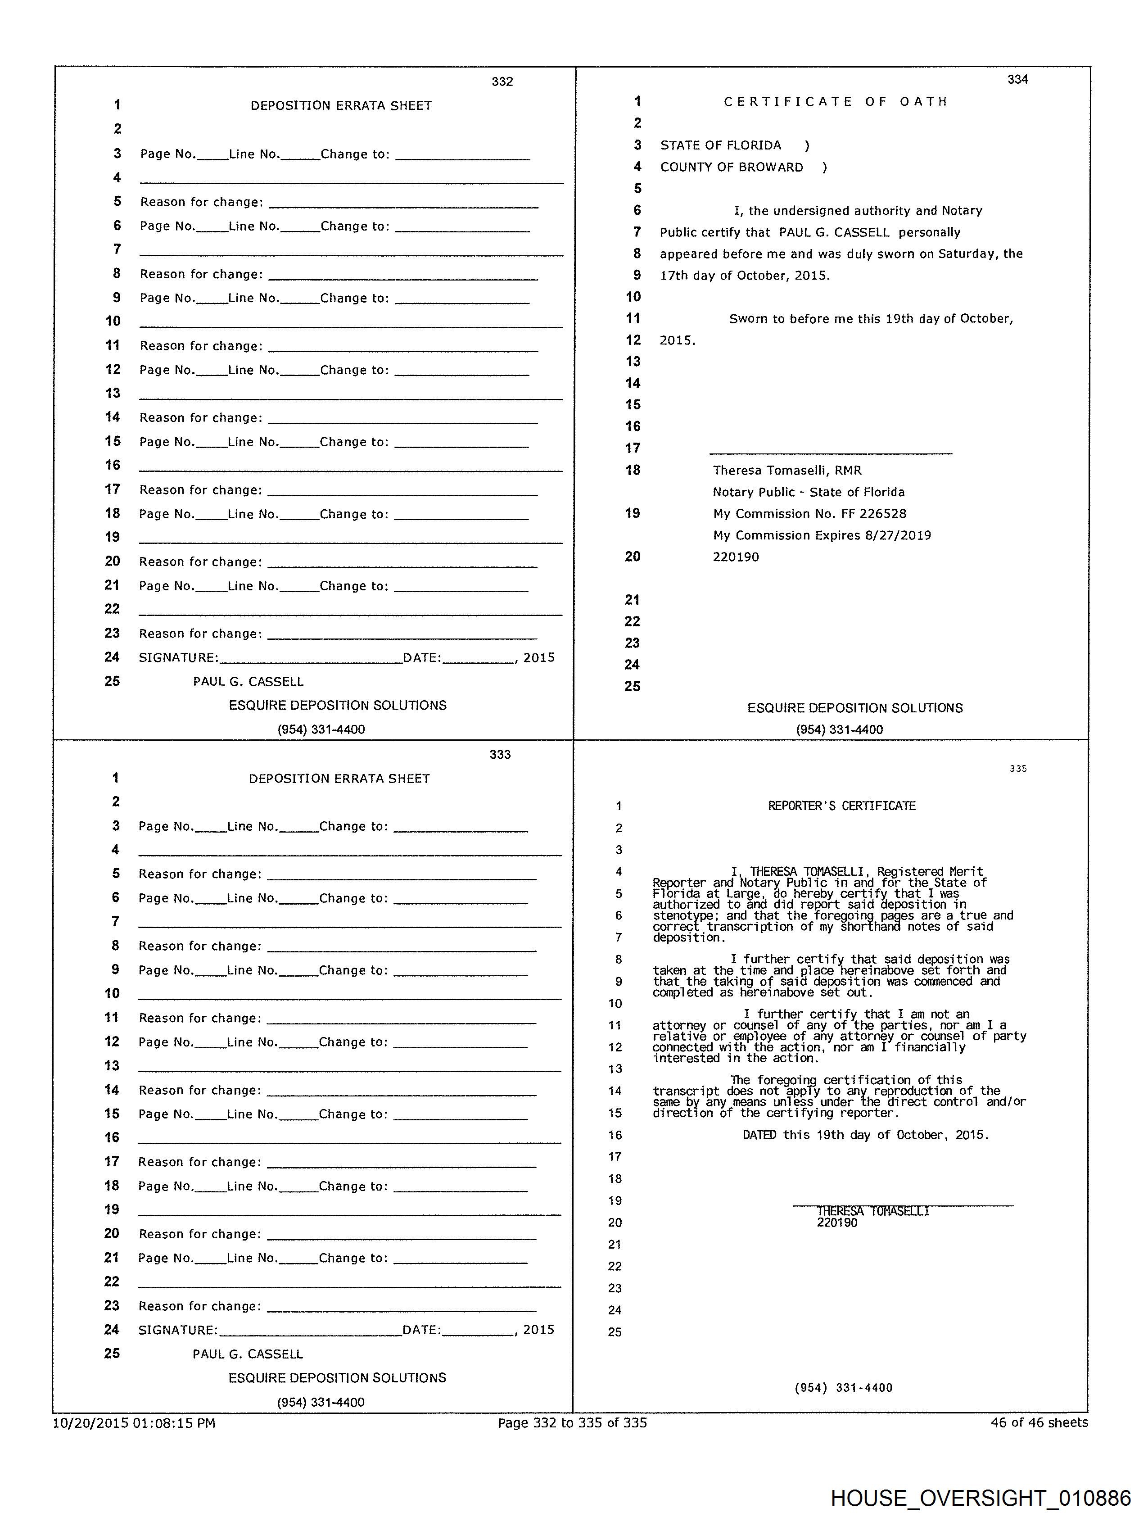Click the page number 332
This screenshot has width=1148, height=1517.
click(x=502, y=82)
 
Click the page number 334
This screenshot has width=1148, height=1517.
click(x=1017, y=80)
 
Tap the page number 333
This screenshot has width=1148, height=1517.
click(x=500, y=754)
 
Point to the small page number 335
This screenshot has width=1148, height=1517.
click(x=1018, y=769)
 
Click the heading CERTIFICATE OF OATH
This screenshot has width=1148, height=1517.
click(x=835, y=101)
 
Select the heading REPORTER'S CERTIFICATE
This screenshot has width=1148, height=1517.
click(x=841, y=806)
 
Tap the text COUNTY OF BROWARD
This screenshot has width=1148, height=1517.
click(x=731, y=168)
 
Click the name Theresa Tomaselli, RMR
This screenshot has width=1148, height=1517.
click(x=786, y=471)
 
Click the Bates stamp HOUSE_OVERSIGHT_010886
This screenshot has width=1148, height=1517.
click(x=980, y=1497)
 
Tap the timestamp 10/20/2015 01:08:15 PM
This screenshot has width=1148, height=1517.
click(x=135, y=1423)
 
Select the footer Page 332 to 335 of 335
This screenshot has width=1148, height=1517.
click(x=572, y=1423)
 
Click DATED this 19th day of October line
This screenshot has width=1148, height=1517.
click(x=865, y=1135)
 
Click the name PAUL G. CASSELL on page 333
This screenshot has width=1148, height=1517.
click(x=248, y=1354)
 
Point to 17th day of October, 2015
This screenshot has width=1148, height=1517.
click(x=745, y=276)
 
